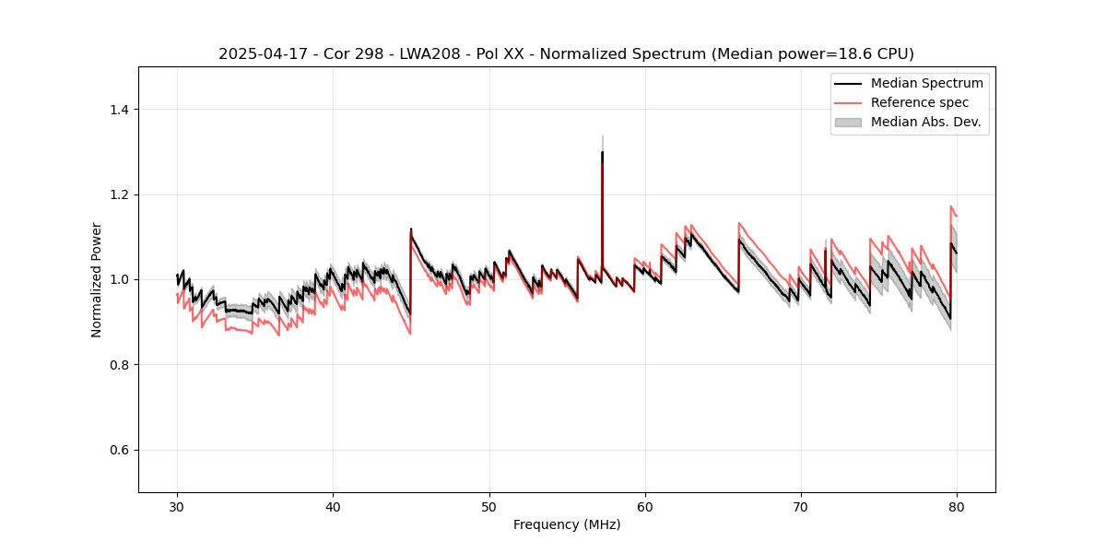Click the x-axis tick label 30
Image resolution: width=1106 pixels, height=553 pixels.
pyautogui.click(x=177, y=506)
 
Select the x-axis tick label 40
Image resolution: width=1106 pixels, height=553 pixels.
pyautogui.click(x=333, y=506)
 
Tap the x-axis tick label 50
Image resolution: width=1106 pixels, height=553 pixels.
pyautogui.click(x=489, y=506)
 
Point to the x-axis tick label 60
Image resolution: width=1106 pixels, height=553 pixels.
pyautogui.click(x=645, y=506)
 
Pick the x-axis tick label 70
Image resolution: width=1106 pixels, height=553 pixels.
pyautogui.click(x=801, y=506)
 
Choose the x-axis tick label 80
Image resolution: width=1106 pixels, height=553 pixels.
pyautogui.click(x=957, y=506)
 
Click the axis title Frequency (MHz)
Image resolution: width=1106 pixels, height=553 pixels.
pyautogui.click(x=567, y=524)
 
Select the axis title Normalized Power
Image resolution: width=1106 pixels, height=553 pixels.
pyautogui.click(x=97, y=279)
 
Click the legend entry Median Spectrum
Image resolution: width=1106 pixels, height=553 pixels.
pyautogui.click(x=926, y=83)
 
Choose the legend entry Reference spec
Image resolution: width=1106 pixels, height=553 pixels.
pyautogui.click(x=920, y=102)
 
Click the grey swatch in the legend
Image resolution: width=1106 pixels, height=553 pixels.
pyautogui.click(x=848, y=122)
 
